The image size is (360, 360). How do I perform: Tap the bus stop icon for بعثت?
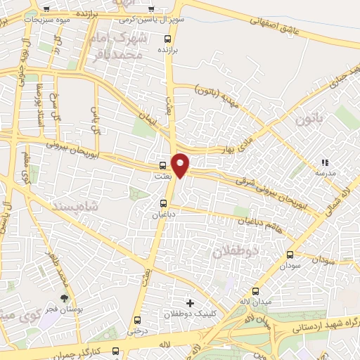164,167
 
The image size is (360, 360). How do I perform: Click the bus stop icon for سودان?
291,255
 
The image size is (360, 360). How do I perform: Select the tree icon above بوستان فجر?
64,300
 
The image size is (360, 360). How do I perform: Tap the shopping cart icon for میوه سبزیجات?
46,9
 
